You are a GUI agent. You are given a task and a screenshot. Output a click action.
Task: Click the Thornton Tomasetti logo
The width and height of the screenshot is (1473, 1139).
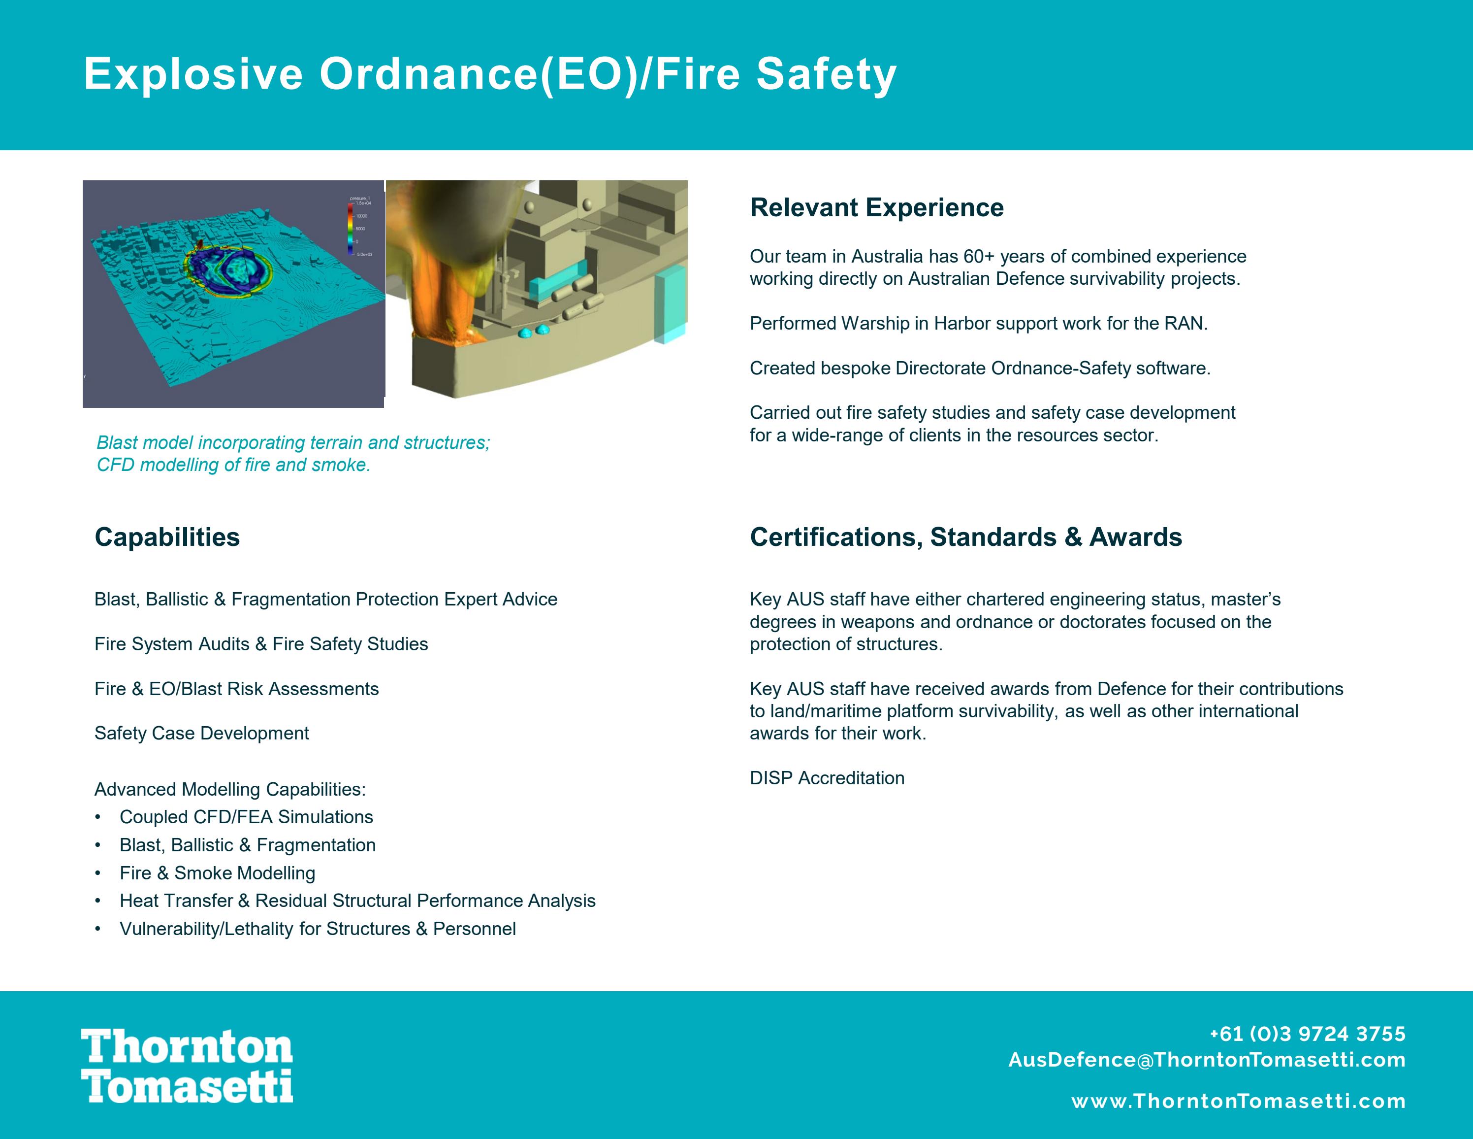(187, 1066)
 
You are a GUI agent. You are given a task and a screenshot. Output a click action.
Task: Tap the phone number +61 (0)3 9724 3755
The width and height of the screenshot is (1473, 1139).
(1307, 1034)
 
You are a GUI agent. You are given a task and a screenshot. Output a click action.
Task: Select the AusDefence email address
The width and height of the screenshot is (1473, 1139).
(1207, 1060)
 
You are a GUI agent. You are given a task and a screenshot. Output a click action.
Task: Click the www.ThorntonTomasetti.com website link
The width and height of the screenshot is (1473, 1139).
(1238, 1101)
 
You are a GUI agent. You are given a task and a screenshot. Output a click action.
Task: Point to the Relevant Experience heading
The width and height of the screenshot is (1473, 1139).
(876, 208)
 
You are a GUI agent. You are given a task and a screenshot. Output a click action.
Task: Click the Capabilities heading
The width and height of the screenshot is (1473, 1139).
(167, 537)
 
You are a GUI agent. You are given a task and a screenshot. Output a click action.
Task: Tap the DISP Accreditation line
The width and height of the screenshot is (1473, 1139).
(827, 778)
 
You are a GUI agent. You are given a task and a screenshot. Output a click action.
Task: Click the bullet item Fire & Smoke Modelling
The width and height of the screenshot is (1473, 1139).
(217, 873)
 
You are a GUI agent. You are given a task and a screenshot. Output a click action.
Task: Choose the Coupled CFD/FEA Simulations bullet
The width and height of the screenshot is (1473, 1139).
(246, 817)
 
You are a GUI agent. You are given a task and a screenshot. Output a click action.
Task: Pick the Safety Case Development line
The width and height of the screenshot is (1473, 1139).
(202, 734)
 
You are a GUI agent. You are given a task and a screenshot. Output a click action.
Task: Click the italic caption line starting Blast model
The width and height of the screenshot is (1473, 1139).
(293, 443)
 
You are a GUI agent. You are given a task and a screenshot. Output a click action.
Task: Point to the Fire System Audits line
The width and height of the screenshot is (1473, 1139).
(261, 644)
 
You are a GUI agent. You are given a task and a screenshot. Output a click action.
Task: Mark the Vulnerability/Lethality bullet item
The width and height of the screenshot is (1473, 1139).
(317, 929)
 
